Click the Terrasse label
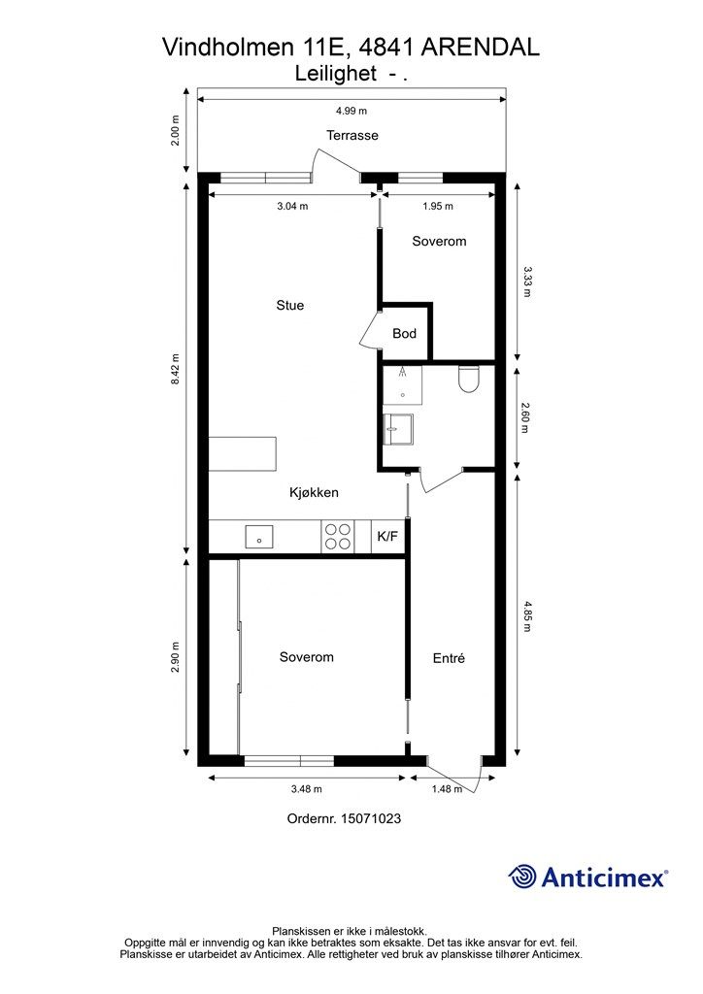[x=352, y=135]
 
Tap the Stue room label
[x=289, y=305]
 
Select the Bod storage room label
[x=405, y=334]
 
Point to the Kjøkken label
[x=314, y=492]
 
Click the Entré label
[x=449, y=658]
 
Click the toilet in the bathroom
[x=468, y=379]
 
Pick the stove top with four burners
[x=337, y=536]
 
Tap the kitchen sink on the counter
[x=259, y=536]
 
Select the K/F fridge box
[x=388, y=536]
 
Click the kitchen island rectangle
[x=243, y=453]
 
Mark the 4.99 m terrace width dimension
[x=351, y=111]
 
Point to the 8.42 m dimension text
[x=176, y=368]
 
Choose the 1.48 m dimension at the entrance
[x=447, y=789]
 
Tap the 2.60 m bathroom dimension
[x=525, y=417]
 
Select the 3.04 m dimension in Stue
[x=292, y=206]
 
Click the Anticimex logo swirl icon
[x=522, y=878]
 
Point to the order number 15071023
[x=371, y=818]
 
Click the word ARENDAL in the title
[x=481, y=47]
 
